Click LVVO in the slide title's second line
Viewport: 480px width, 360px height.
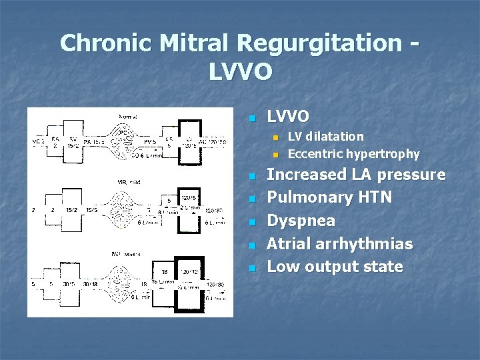[x=240, y=71]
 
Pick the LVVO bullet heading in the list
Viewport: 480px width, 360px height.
[x=288, y=117]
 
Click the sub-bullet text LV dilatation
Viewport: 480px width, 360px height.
[x=326, y=137]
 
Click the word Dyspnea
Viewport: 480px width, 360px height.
[x=301, y=221]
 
